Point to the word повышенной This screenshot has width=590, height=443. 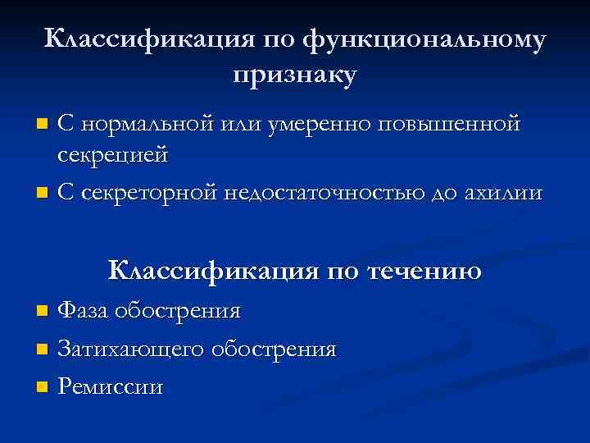point(449,124)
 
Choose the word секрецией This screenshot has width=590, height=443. point(112,153)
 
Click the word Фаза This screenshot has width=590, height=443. point(84,311)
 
